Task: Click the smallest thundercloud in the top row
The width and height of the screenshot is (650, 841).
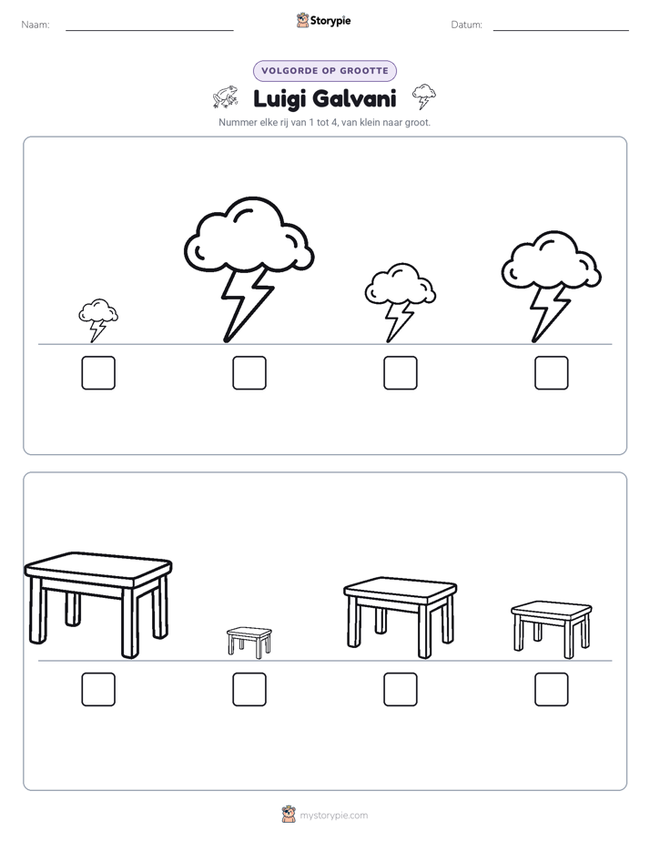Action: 98,319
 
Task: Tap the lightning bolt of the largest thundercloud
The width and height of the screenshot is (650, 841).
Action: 245,305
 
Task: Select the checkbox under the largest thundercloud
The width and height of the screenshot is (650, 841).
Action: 249,373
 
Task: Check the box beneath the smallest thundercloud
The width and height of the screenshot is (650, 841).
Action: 98,373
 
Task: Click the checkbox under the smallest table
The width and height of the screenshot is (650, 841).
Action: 249,689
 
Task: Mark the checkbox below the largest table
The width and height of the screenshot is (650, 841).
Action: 98,689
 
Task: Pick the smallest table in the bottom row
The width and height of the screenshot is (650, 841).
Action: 249,642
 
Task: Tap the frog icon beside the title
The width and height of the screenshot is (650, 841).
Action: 225,96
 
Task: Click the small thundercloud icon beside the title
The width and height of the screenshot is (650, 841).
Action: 423,96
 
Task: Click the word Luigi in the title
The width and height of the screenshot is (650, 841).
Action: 279,99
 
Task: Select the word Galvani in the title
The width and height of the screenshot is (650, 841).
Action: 354,98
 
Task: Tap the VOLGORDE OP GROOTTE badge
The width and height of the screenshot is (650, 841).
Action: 325,71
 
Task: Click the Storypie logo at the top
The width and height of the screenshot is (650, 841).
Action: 324,20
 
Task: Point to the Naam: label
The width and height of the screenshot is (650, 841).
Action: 36,25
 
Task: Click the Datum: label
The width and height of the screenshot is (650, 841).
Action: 467,25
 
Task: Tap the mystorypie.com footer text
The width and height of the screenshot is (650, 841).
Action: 333,816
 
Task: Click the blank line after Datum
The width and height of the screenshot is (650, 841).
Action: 561,30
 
